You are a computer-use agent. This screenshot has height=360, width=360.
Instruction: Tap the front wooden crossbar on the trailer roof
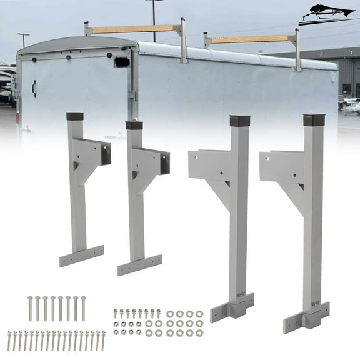tap(133, 29)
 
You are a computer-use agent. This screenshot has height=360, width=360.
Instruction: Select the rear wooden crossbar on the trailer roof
tap(250, 39)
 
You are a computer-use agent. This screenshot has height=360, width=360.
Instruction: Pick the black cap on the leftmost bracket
tap(75, 117)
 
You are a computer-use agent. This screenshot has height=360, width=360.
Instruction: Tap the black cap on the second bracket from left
tap(134, 125)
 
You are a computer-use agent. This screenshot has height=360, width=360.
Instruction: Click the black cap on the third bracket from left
tap(239, 121)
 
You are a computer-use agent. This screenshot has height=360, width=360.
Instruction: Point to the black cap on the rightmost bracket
tap(314, 121)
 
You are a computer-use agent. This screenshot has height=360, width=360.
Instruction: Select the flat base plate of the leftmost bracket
tap(81, 256)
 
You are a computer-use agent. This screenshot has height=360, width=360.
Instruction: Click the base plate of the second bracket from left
tap(139, 265)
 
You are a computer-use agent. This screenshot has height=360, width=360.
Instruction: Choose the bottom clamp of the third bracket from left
tap(232, 307)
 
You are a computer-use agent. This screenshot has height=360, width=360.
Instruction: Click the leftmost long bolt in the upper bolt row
tap(29, 309)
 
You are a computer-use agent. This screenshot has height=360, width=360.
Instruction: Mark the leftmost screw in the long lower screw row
tap(10, 341)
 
